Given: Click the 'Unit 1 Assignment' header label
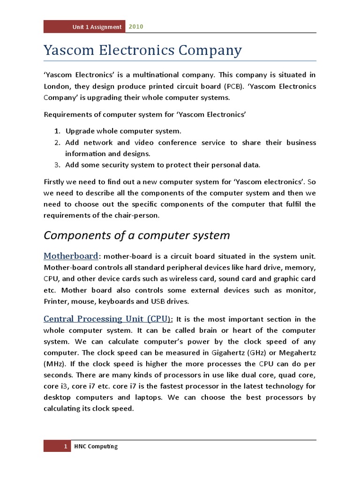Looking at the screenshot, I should (x=97, y=27).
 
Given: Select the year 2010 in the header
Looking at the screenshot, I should (x=136, y=27).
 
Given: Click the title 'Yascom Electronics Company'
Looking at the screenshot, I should (x=142, y=50).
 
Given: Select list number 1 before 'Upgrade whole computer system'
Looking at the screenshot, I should (x=56, y=131).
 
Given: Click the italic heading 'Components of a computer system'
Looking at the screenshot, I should (x=136, y=235).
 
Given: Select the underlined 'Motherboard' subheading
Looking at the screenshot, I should (x=71, y=256).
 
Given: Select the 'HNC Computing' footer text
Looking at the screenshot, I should (x=96, y=446).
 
